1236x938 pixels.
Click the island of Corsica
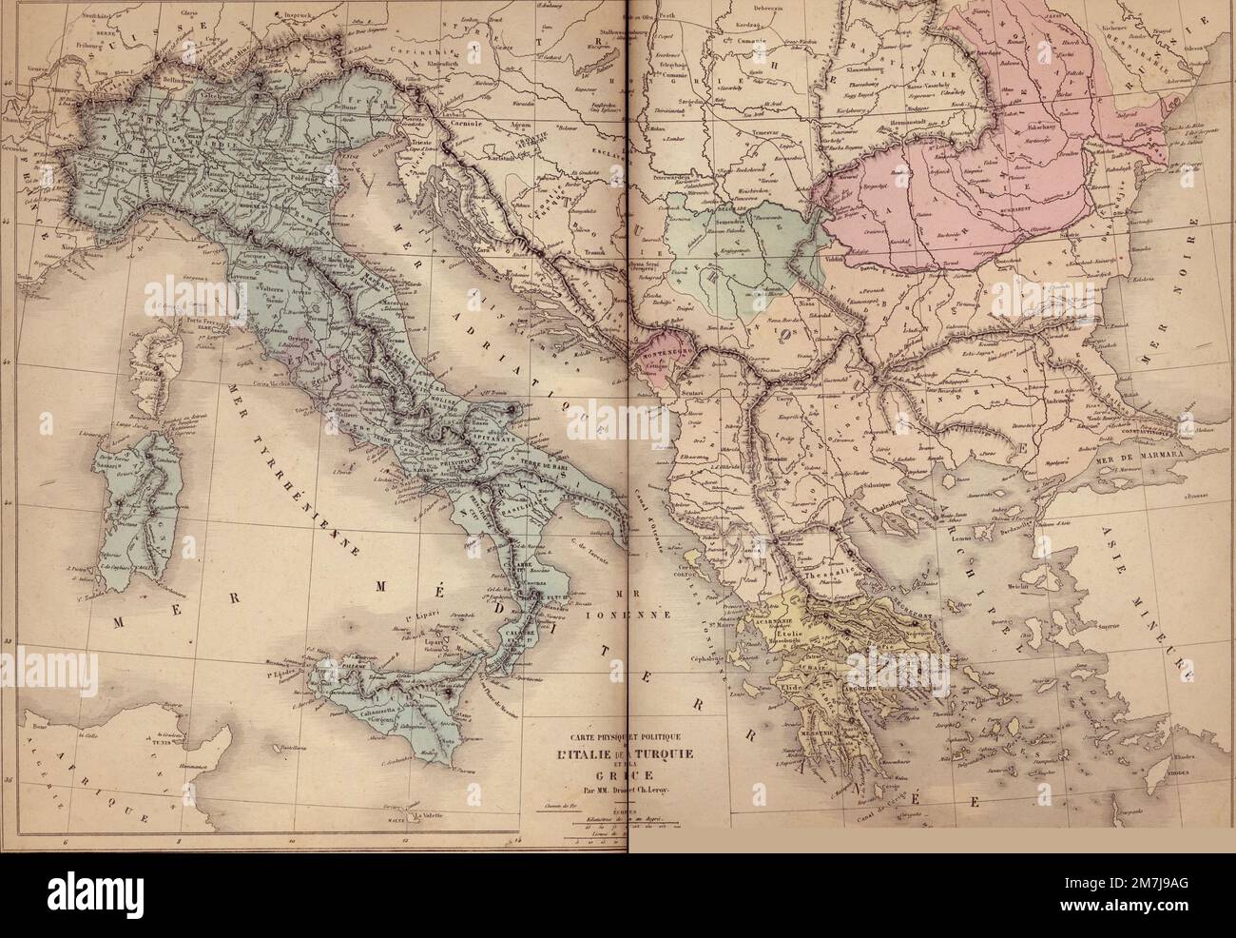(163, 366)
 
